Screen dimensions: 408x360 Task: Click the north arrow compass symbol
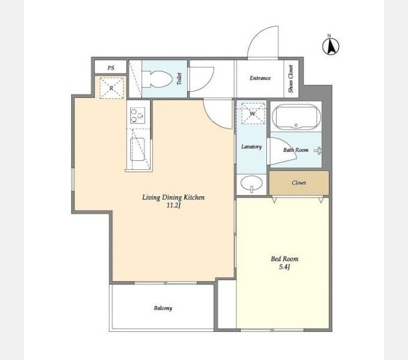331,46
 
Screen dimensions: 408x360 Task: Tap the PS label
111,68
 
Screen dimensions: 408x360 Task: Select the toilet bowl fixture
158,79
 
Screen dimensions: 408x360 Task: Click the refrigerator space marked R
112,88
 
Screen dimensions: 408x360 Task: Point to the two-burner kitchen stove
137,115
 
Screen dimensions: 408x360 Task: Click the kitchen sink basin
137,149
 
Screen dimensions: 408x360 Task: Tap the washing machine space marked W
253,113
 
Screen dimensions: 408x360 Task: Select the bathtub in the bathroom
296,117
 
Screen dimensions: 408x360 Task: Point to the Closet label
299,182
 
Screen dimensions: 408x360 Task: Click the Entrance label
260,78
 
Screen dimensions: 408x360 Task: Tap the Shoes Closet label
290,79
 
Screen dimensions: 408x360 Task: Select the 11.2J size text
173,205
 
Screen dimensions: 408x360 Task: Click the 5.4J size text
284,267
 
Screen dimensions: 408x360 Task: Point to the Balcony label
163,308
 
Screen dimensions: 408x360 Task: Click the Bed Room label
284,259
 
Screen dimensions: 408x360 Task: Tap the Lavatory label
251,147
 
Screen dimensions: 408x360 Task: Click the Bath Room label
296,150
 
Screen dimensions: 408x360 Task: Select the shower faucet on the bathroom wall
318,151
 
